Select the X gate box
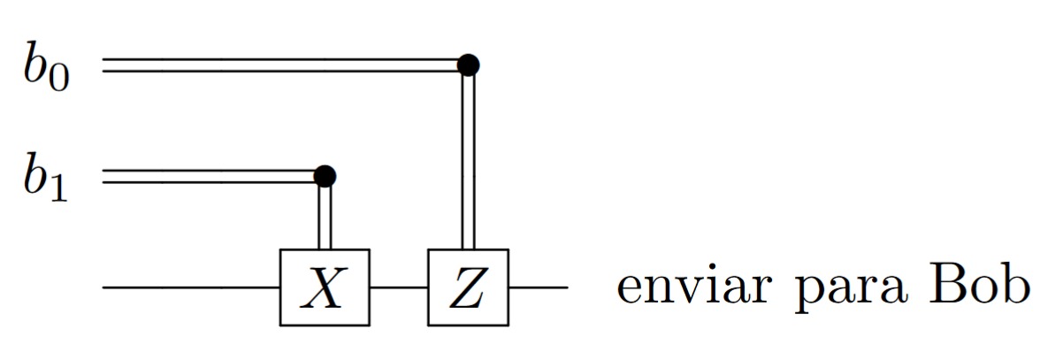click(324, 287)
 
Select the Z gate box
click(468, 287)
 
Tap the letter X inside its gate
click(324, 288)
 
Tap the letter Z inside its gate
click(468, 288)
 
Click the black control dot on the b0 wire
click(468, 65)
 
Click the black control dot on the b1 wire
click(325, 176)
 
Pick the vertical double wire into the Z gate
click(468, 159)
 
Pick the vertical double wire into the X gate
click(325, 217)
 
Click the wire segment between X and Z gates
click(398, 287)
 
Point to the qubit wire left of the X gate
click(190, 287)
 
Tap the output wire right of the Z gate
click(538, 287)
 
